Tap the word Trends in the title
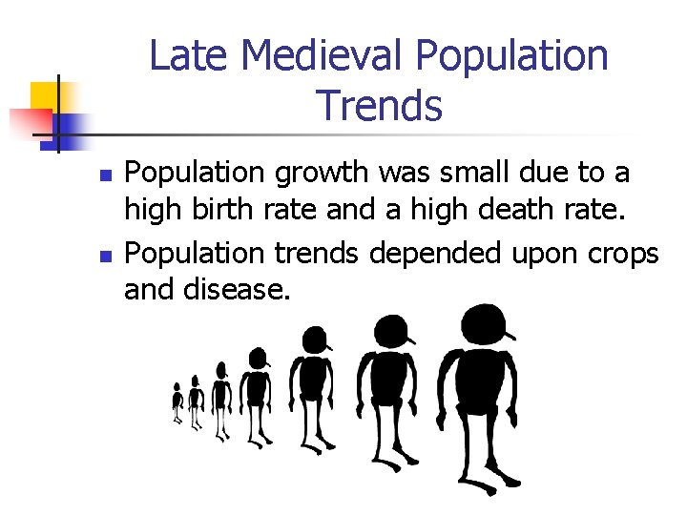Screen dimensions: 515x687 pos(379,106)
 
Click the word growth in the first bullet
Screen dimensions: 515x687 pos(318,174)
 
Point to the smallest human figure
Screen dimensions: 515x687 pos(177,403)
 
